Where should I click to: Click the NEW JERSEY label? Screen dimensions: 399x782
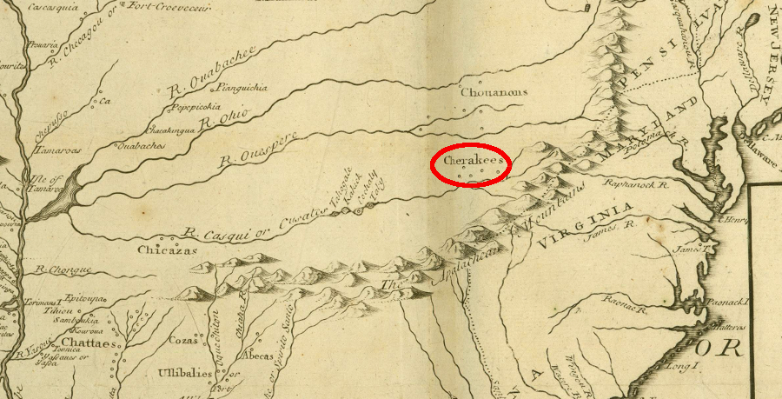click(x=768, y=58)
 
